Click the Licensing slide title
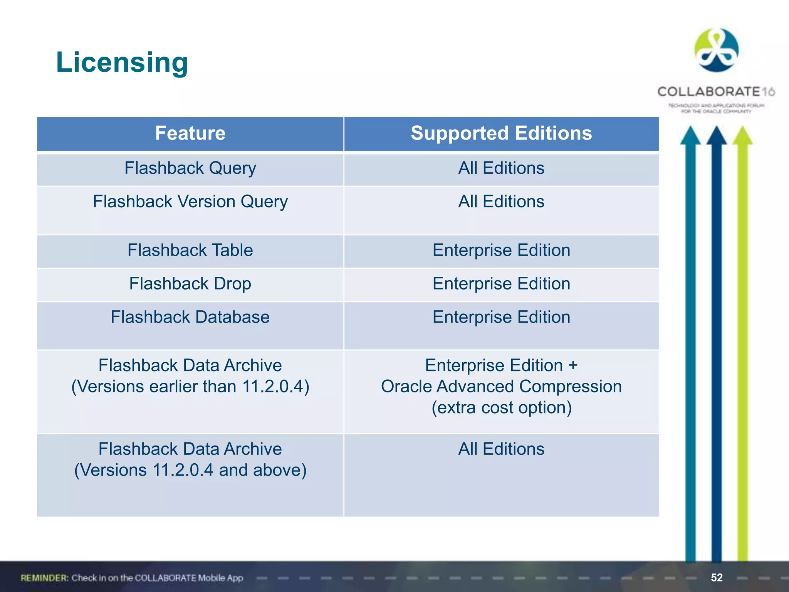[x=122, y=62]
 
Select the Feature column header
[x=190, y=133]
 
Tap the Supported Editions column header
[x=501, y=133]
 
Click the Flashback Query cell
[x=190, y=168]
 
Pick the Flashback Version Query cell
[x=190, y=202]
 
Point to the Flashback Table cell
[x=190, y=251]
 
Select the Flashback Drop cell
[x=190, y=284]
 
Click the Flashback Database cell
[x=190, y=318]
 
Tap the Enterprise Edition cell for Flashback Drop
[x=501, y=284]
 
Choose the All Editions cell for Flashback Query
[x=501, y=168]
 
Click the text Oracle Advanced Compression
[x=501, y=387]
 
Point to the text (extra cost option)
[x=501, y=408]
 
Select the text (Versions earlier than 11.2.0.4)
[x=190, y=387]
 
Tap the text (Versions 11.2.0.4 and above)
[x=190, y=470]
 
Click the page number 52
[x=717, y=577]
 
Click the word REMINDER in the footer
[x=44, y=578]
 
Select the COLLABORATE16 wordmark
[x=716, y=92]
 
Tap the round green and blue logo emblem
[x=716, y=50]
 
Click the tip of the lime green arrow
[x=742, y=129]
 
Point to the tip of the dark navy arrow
[x=717, y=129]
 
